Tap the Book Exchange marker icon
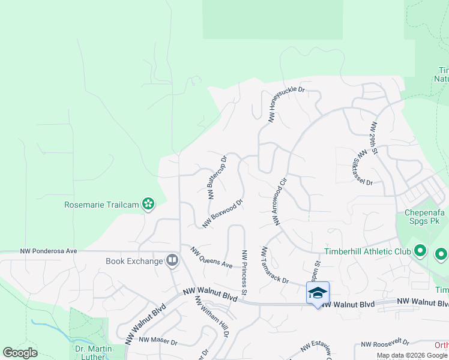tap(172, 260)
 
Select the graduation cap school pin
tap(318, 293)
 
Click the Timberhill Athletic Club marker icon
tap(420, 251)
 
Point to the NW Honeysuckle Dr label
tap(288, 106)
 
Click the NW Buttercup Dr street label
tap(217, 178)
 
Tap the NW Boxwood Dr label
tap(222, 214)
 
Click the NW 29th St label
tap(374, 138)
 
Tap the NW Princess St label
tap(244, 273)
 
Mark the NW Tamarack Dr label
tap(276, 265)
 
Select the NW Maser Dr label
tap(158, 341)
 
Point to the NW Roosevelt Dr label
tap(385, 344)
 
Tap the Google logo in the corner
tap(20, 353)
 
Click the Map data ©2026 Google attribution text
tap(412, 355)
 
